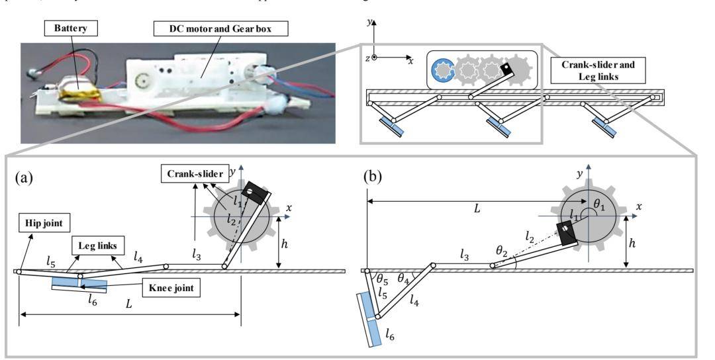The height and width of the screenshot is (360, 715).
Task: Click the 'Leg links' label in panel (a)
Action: coord(96,245)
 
